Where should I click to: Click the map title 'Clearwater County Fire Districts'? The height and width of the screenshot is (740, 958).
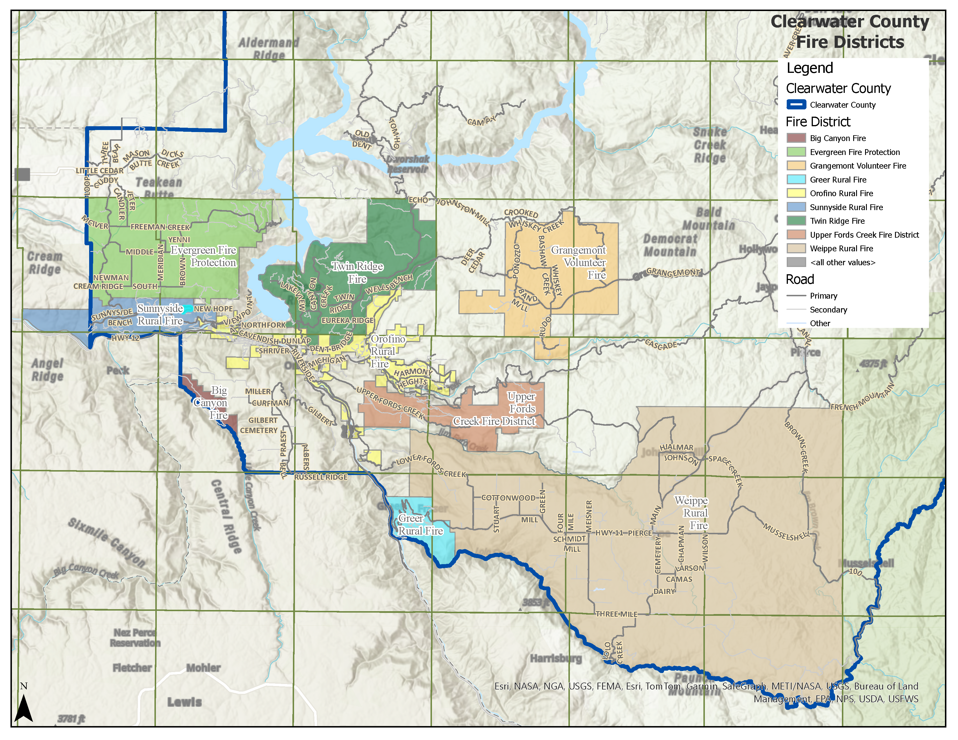(850, 32)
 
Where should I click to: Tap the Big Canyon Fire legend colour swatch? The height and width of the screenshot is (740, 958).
(796, 138)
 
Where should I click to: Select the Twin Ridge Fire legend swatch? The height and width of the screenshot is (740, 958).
(796, 221)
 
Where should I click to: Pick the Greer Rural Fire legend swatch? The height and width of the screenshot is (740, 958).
(796, 180)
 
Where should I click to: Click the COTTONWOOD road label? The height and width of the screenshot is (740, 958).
(508, 498)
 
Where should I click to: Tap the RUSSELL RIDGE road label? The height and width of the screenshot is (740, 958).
(321, 477)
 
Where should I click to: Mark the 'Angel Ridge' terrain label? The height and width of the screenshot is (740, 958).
(47, 369)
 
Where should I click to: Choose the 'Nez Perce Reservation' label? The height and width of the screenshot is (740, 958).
(135, 638)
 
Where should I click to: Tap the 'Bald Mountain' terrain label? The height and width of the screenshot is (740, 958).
(708, 219)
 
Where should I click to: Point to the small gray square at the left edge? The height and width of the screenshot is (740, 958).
(22, 174)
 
